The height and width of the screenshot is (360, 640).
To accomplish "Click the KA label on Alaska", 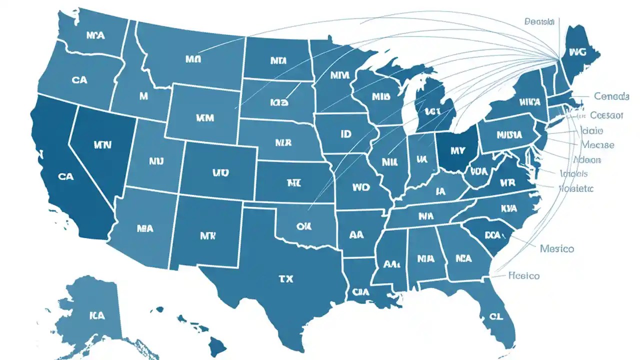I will [x=97, y=315].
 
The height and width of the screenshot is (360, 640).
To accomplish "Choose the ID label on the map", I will [x=345, y=134].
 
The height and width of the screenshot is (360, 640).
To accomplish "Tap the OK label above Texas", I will [x=303, y=226].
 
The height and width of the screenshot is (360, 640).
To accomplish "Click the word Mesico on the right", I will [x=557, y=248].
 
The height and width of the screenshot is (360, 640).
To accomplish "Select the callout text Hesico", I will [x=523, y=275].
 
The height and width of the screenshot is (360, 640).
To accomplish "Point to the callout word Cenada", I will [x=611, y=95].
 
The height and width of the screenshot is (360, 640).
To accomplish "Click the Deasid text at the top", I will [x=540, y=21].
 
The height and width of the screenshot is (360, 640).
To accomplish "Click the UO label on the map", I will [x=220, y=173].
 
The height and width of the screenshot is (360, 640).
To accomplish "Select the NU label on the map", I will [x=156, y=161].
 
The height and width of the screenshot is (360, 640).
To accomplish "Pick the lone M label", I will [x=143, y=96].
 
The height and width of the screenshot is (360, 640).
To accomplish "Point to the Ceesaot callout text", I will [x=606, y=115].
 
